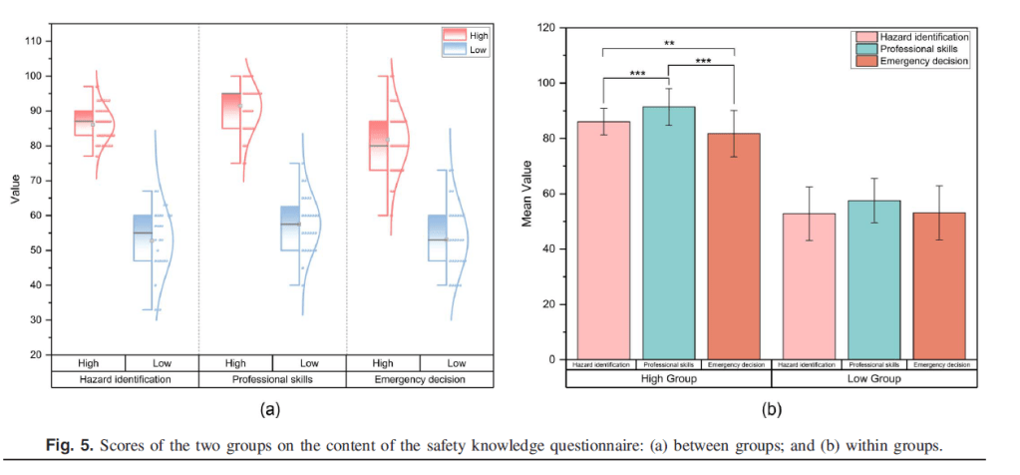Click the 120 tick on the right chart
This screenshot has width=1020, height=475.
pos(547,28)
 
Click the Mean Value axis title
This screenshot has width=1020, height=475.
pos(527,195)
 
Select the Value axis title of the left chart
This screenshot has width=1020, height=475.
pos(15,190)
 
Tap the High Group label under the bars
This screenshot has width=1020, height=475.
pos(668,379)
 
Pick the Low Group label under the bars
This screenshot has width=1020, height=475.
pos(873,379)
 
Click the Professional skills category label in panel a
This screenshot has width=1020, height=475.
pos(272,379)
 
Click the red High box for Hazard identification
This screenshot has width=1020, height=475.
pos(84,123)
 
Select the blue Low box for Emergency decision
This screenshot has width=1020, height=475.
pos(437,237)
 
